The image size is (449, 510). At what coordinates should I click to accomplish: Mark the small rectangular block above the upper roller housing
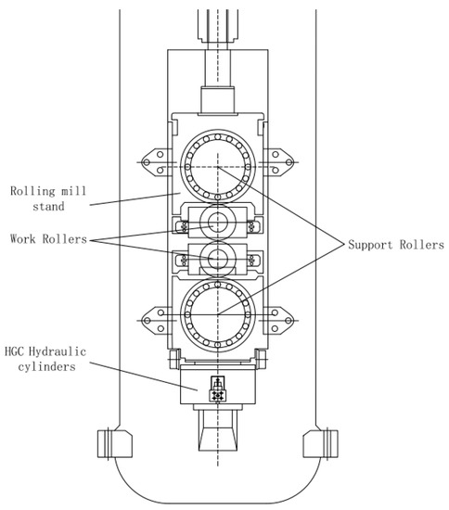(217, 96)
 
